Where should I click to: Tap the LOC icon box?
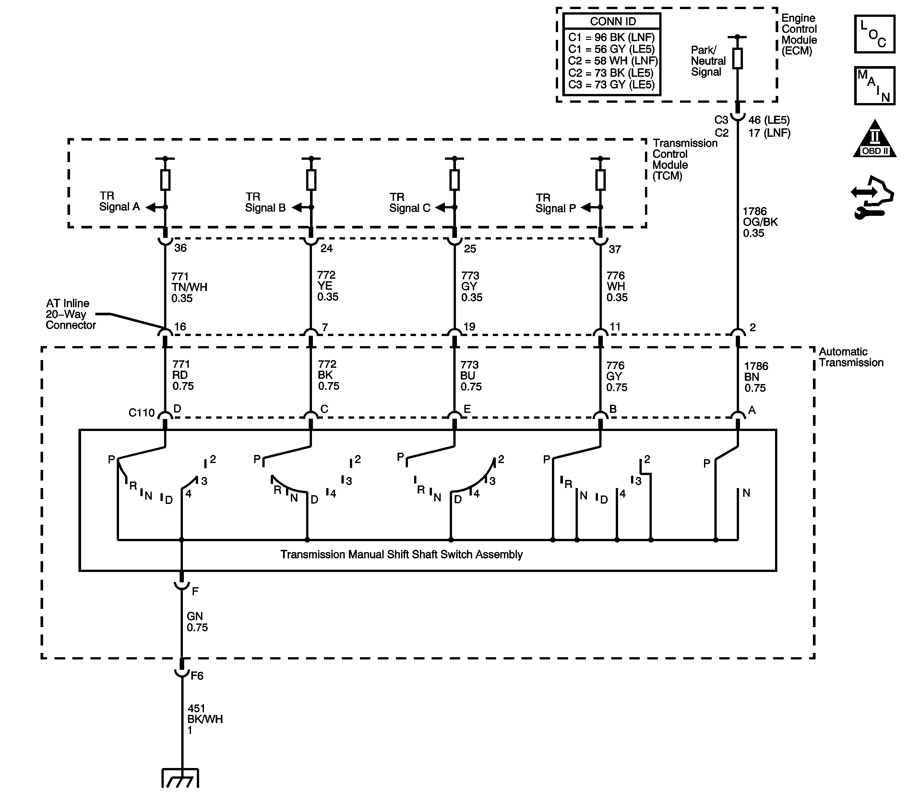[x=874, y=34]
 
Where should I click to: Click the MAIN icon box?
[x=874, y=86]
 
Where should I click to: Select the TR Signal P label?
[x=555, y=203]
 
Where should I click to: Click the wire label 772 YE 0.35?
[x=328, y=286]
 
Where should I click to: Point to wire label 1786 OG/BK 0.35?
[x=760, y=222]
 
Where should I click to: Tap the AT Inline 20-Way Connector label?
[x=70, y=314]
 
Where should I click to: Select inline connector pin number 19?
[x=469, y=327]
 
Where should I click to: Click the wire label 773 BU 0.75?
[x=470, y=376]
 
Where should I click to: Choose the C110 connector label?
[x=141, y=413]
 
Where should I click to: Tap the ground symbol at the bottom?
[x=180, y=778]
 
